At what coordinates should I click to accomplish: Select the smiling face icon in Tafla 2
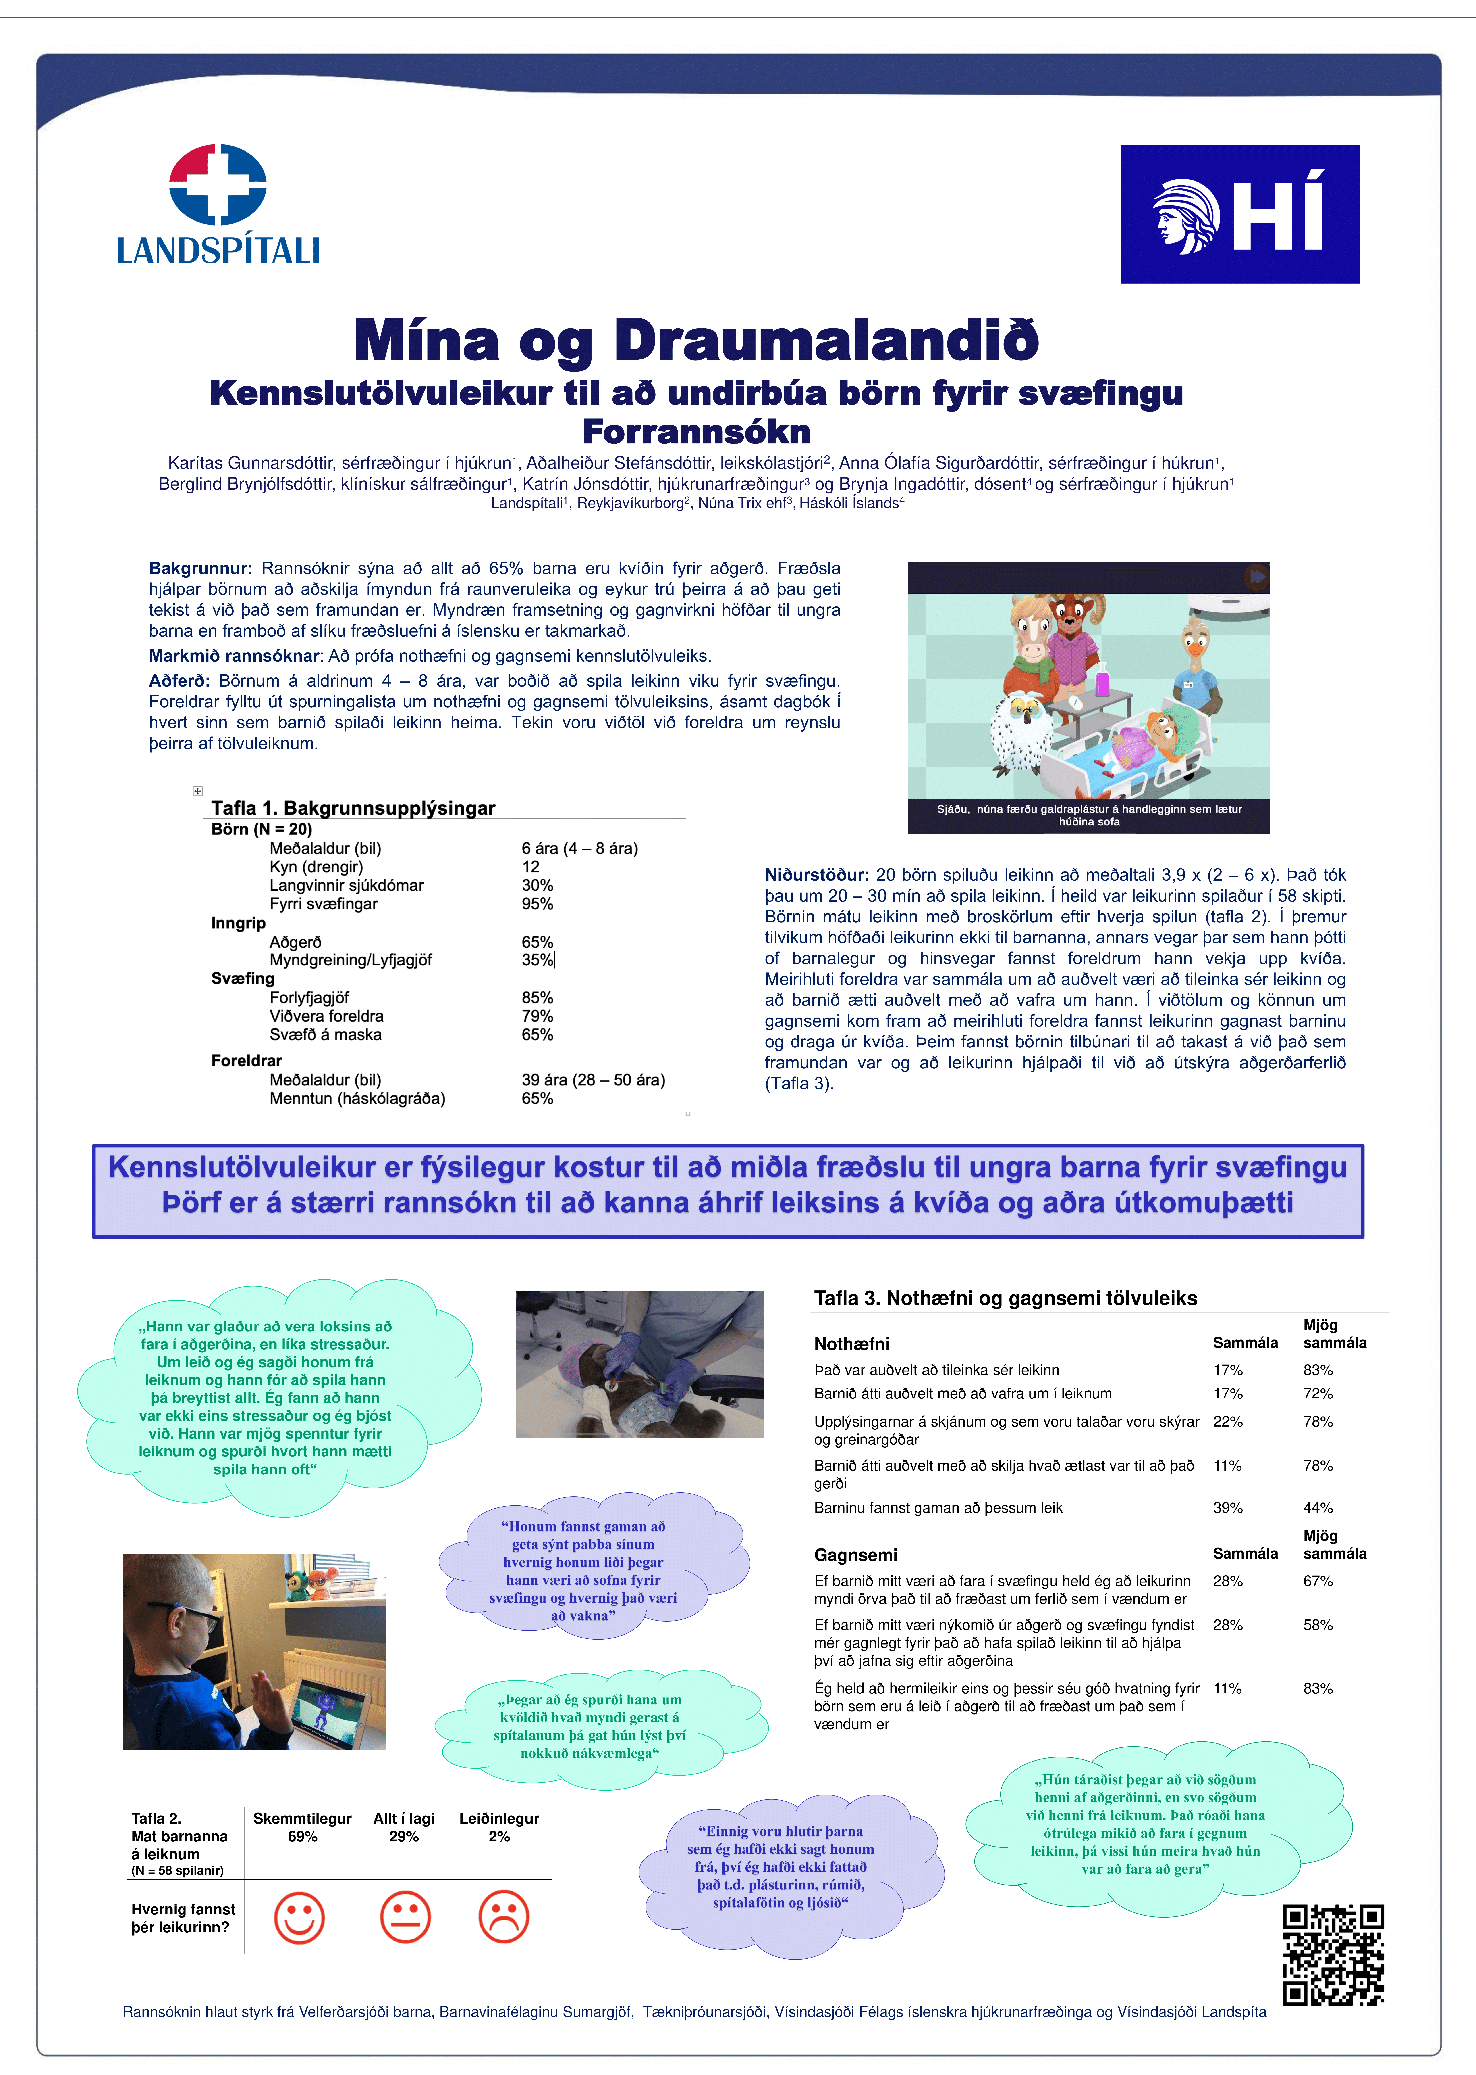(x=299, y=1918)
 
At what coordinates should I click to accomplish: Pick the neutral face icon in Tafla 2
(x=405, y=1918)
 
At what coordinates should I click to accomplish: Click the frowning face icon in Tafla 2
(x=503, y=1918)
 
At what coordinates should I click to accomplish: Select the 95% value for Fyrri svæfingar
(x=537, y=904)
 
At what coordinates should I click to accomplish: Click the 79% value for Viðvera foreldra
(x=537, y=1016)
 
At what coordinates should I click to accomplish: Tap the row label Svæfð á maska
(x=325, y=1035)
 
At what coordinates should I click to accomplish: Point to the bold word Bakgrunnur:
(x=200, y=568)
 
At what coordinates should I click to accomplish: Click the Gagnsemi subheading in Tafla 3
(x=855, y=1555)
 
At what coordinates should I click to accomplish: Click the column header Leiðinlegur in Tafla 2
(x=499, y=1819)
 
